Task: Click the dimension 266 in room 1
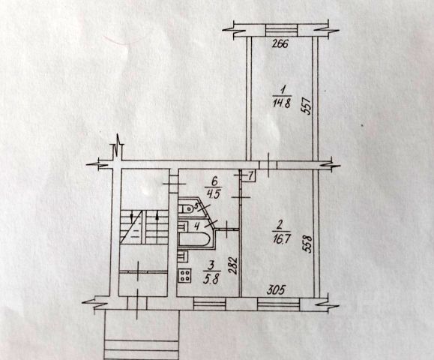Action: point(280,44)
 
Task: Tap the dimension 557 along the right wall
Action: point(307,106)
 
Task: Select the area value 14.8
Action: point(282,103)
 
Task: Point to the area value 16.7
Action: point(281,238)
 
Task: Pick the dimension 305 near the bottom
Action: point(275,290)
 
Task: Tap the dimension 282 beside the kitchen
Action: point(233,265)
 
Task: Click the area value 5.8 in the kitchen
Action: point(212,279)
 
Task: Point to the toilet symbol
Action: point(186,209)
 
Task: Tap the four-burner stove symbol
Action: point(185,275)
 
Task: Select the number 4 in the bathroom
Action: point(197,226)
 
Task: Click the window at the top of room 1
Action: point(282,30)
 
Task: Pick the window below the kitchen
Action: point(210,304)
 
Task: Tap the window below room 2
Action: point(279,304)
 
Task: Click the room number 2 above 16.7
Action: point(279,226)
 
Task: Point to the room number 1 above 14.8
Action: point(282,91)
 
